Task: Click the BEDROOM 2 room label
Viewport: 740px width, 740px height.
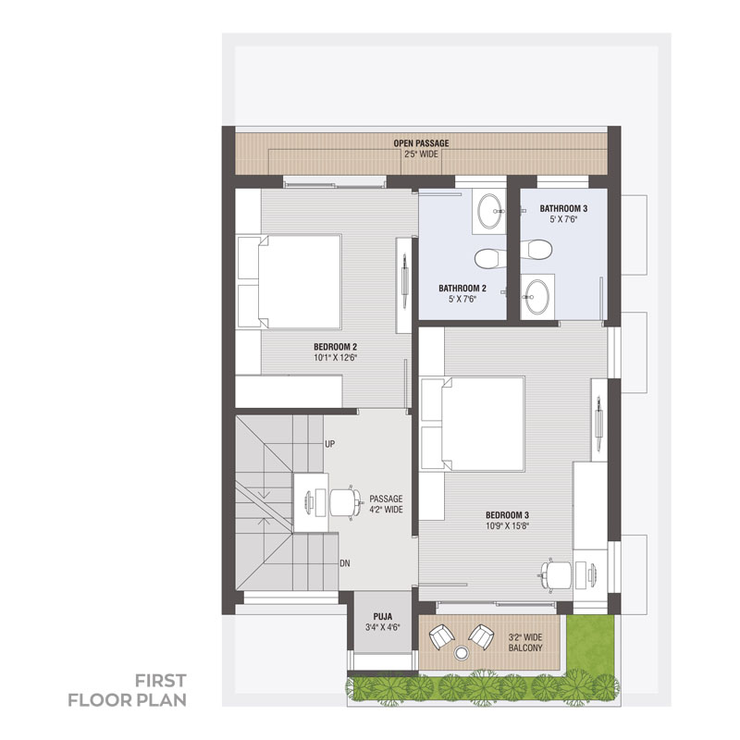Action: [336, 347]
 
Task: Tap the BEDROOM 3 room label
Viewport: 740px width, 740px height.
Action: [507, 515]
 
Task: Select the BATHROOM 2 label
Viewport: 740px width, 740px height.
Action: [462, 289]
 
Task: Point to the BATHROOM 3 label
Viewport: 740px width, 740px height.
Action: [563, 209]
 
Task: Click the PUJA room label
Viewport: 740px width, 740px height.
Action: [383, 617]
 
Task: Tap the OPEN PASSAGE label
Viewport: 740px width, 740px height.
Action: [422, 143]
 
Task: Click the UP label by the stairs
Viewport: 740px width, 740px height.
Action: [330, 444]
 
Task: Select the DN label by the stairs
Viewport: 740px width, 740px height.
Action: [345, 563]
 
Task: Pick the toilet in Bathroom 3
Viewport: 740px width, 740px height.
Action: [536, 249]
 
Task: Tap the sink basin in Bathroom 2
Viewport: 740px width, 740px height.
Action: [490, 211]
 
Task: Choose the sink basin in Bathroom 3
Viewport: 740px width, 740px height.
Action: [537, 297]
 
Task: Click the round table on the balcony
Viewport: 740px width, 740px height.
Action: [461, 654]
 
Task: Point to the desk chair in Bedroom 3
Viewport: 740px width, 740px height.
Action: [556, 574]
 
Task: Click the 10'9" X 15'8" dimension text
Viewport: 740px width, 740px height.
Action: [507, 526]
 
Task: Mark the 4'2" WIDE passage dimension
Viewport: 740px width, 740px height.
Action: [386, 510]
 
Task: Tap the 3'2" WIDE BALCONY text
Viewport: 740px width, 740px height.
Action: [525, 643]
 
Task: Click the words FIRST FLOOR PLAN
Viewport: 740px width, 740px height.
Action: [128, 690]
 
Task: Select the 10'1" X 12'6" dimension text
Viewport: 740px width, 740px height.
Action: [336, 358]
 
